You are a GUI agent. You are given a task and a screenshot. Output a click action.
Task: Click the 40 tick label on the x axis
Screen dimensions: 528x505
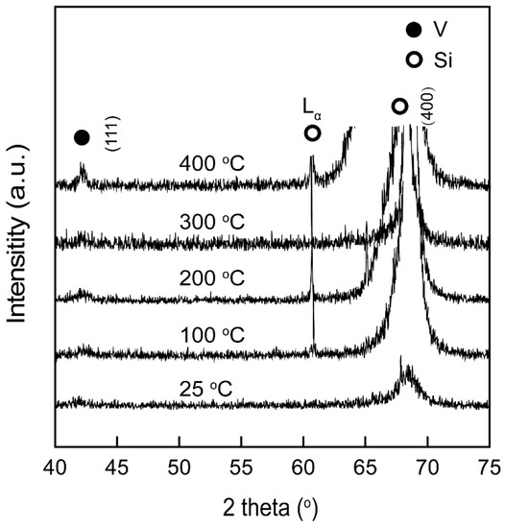(x=55, y=467)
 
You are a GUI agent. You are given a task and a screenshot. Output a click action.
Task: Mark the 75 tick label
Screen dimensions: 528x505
(x=489, y=467)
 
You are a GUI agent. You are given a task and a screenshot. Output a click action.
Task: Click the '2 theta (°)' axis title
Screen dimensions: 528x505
(x=272, y=505)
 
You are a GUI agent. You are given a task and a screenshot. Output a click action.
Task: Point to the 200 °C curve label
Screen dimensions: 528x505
(x=212, y=280)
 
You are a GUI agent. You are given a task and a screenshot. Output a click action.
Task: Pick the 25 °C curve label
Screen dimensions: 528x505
(x=205, y=389)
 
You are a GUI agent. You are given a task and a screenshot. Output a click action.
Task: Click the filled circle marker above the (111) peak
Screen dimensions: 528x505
(x=82, y=138)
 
